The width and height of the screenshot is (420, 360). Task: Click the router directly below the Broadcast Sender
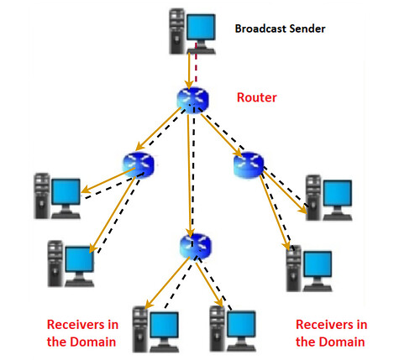(191, 99)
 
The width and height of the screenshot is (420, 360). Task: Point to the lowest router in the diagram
(192, 245)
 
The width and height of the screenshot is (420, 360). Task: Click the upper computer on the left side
(57, 195)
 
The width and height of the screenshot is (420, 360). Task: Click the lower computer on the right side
(307, 267)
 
